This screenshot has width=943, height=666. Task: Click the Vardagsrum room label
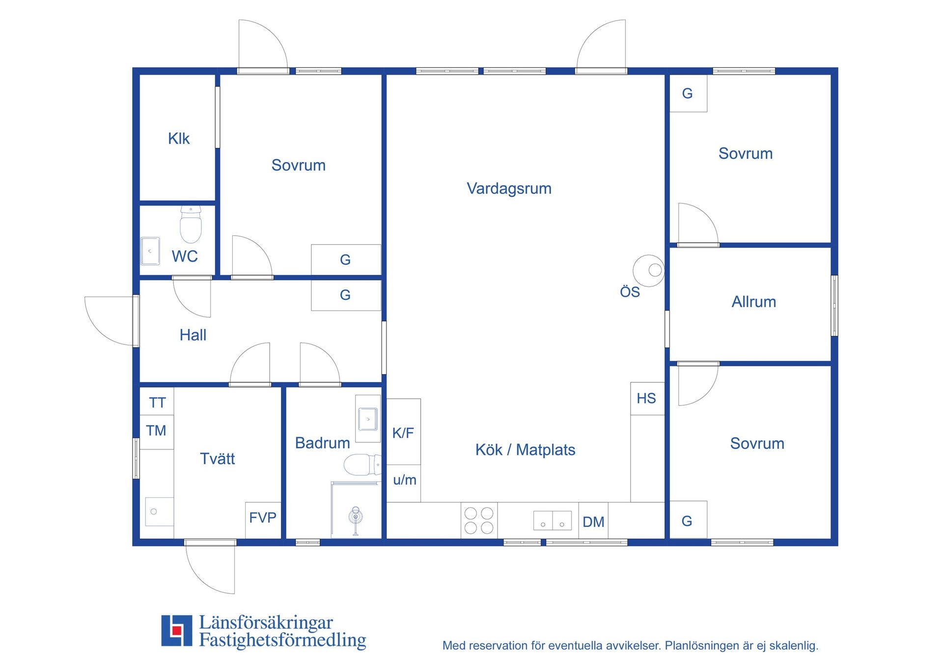pos(509,189)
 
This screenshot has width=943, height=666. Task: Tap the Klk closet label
pos(179,139)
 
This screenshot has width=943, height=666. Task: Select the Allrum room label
pos(754,302)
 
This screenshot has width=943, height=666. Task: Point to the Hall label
pos(193,335)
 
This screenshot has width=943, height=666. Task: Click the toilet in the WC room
pos(191,224)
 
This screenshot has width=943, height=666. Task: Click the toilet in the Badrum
pos(362,465)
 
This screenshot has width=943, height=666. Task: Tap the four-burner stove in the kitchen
pos(479,520)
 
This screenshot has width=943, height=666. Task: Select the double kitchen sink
pos(553,521)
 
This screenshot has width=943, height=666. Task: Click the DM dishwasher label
pos(593,522)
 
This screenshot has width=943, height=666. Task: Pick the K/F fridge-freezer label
pos(403,433)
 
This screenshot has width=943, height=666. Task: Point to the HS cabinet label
pos(646,398)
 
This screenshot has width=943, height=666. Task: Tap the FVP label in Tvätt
pos(263,517)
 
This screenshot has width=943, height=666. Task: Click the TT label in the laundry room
pos(157,403)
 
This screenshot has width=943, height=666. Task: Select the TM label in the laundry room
pos(156,431)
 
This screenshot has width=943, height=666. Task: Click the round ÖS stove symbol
pos(649,271)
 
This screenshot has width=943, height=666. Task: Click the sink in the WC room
pos(150,251)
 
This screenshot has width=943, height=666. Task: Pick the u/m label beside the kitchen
pos(405,480)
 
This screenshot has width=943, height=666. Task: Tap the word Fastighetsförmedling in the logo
pos(282,640)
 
